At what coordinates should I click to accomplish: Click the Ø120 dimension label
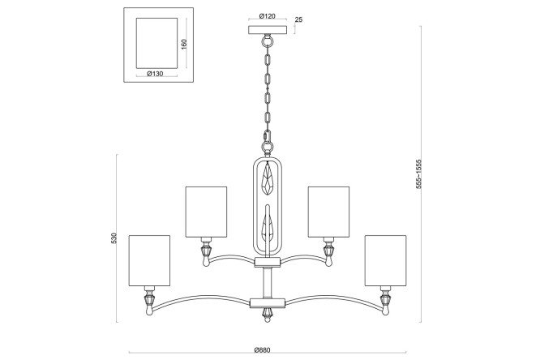pyautogui.click(x=268, y=16)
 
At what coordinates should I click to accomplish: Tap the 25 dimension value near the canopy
pyautogui.click(x=298, y=19)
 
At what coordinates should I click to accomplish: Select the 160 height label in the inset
pyautogui.click(x=184, y=44)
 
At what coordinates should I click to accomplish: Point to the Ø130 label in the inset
pyautogui.click(x=155, y=74)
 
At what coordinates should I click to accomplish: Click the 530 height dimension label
pyautogui.click(x=114, y=238)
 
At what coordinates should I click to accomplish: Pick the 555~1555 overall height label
pyautogui.click(x=418, y=174)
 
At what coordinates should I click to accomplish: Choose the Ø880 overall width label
pyautogui.click(x=263, y=350)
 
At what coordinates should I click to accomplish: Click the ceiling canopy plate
pyautogui.click(x=268, y=30)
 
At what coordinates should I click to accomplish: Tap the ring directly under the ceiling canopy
pyautogui.click(x=268, y=41)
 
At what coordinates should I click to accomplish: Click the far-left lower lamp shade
pyautogui.click(x=149, y=261)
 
